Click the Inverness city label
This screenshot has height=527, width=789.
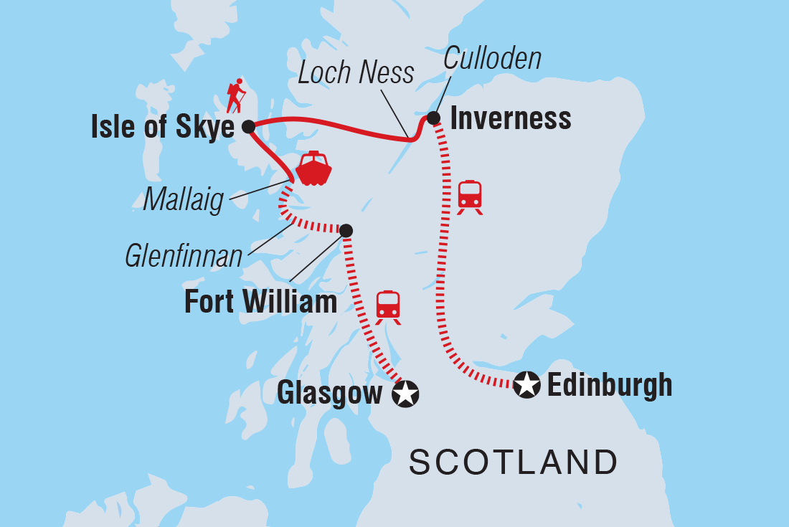point(511,118)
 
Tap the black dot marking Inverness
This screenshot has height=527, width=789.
point(433,118)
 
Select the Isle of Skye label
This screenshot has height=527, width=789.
point(163,128)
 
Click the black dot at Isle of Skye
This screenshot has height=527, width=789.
point(248,127)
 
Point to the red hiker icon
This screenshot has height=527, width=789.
point(235,96)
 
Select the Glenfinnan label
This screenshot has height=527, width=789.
point(184,256)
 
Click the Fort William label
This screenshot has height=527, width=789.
point(260,302)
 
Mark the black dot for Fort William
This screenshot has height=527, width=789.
point(346,230)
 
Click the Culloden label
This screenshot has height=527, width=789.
point(492,59)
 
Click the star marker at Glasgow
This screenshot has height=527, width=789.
point(406,394)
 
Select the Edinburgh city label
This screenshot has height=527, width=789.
point(610,385)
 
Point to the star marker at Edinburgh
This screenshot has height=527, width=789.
point(527,386)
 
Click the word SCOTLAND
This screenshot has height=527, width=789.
point(514,462)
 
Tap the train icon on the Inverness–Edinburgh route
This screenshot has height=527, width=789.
point(470,197)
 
